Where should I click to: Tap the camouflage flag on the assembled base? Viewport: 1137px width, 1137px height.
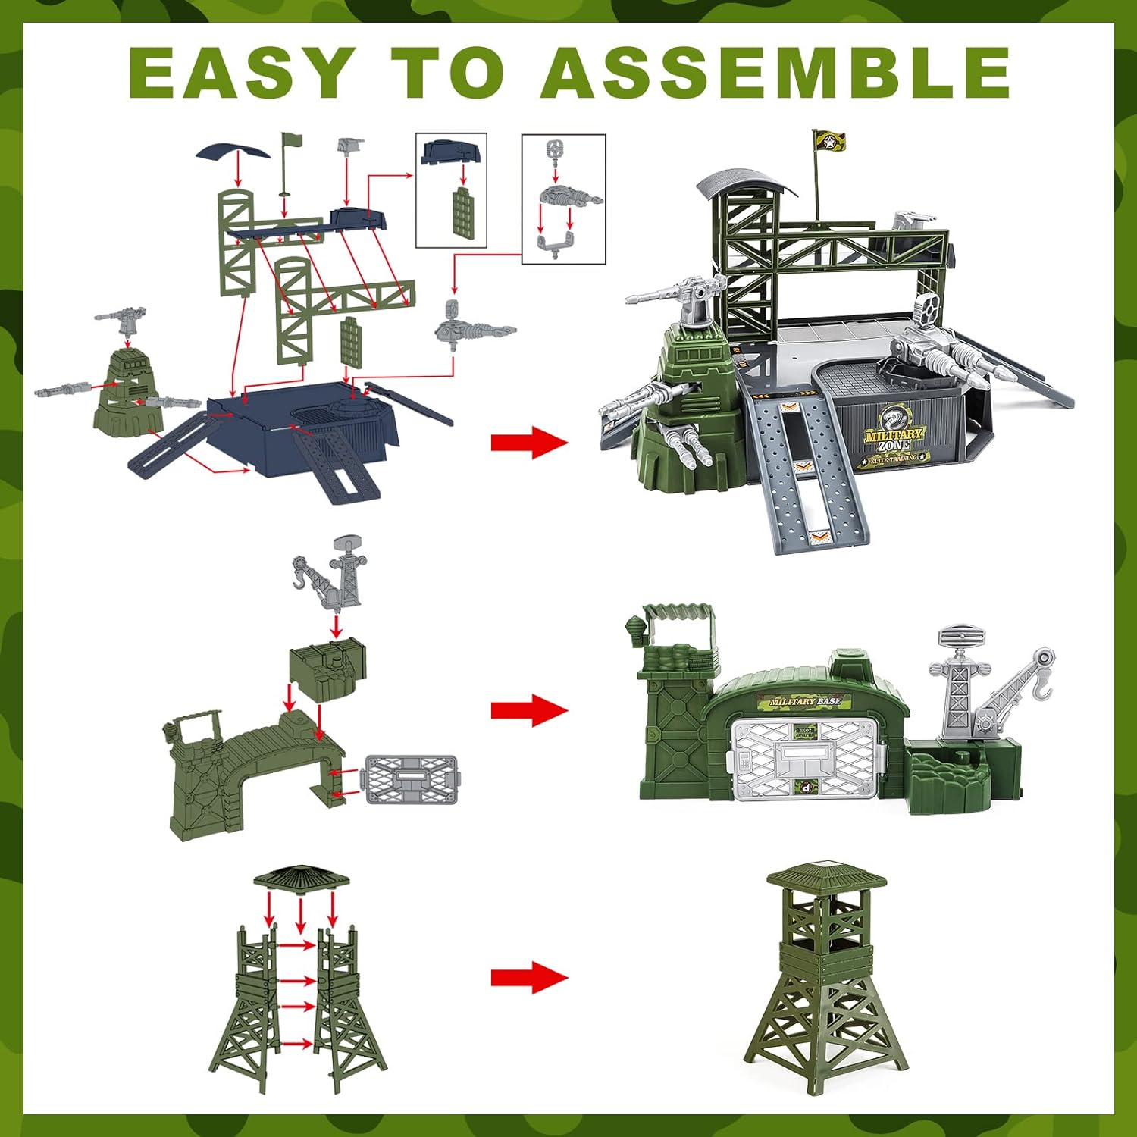[830, 141]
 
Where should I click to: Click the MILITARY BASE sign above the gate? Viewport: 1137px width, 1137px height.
[805, 701]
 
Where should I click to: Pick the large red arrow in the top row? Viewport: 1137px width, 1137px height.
[529, 442]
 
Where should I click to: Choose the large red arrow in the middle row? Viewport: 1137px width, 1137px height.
[529, 710]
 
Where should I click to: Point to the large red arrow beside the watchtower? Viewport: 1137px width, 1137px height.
[529, 977]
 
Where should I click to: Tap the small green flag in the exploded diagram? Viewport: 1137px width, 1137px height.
[291, 140]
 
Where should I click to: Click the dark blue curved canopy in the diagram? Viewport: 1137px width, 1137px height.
[233, 151]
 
